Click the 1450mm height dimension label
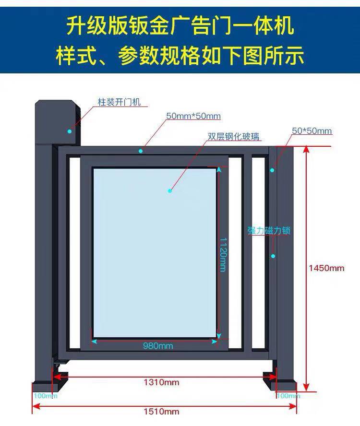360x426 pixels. coord(326,268)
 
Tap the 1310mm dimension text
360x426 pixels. coord(161,382)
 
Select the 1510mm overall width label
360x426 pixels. coord(161,411)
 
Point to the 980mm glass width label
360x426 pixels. coord(158,345)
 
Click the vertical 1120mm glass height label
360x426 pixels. coord(223,255)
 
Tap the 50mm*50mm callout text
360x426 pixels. coord(193,116)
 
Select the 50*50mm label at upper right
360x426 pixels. coord(312,130)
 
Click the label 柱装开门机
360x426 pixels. coord(119,102)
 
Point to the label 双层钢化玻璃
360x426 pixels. coord(234,136)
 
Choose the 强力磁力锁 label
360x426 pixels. coord(269,230)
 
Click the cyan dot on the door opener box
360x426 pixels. coord(70,131)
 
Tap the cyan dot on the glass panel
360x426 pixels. coord(170,191)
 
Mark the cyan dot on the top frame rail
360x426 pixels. coord(141,151)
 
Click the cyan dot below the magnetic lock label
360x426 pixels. coord(273,256)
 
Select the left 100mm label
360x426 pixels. coord(46,396)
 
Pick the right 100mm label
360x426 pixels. coord(288,396)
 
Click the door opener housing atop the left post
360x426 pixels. coord(58,121)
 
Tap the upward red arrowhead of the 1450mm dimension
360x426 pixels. coord(306,149)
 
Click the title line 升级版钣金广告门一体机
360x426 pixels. coord(180,26)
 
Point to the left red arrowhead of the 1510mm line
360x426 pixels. coord(36,407)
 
